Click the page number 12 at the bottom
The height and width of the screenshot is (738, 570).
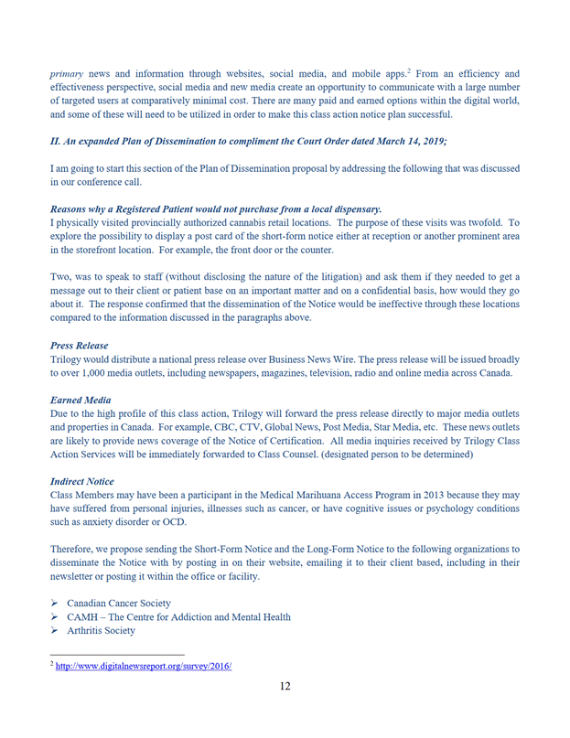[285, 688]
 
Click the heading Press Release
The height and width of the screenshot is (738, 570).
[79, 347]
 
